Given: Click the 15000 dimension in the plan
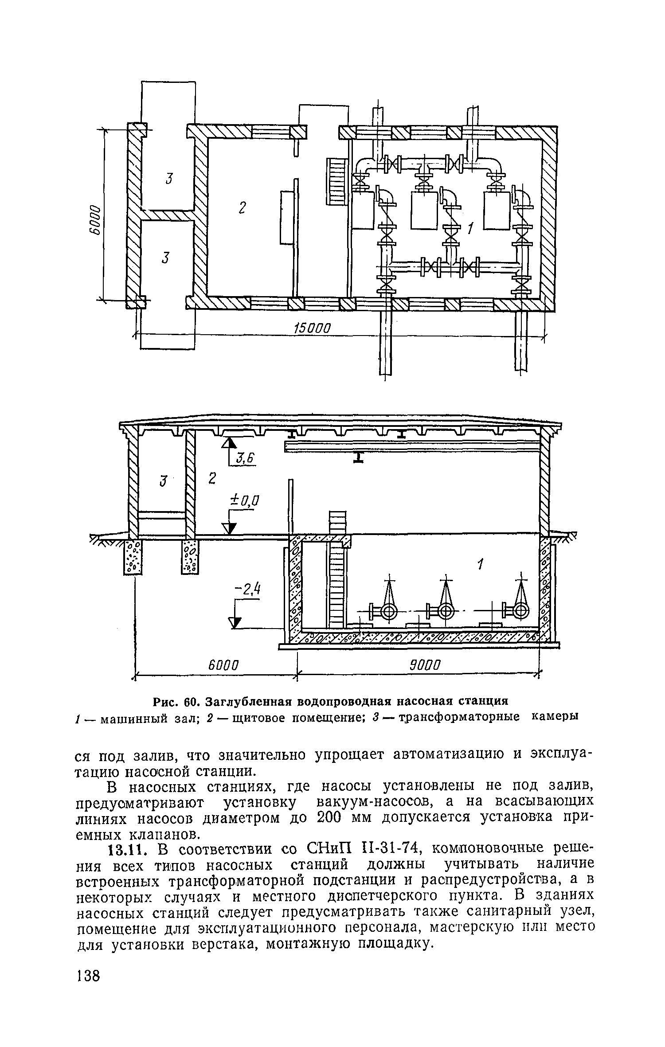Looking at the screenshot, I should [x=313, y=329].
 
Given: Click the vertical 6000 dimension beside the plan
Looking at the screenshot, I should [x=94, y=215].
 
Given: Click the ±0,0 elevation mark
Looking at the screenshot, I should [x=244, y=501].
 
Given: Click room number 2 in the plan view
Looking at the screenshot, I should [x=242, y=207].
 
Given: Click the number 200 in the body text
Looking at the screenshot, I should [x=329, y=818].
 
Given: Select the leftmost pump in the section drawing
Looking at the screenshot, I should [x=389, y=612].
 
